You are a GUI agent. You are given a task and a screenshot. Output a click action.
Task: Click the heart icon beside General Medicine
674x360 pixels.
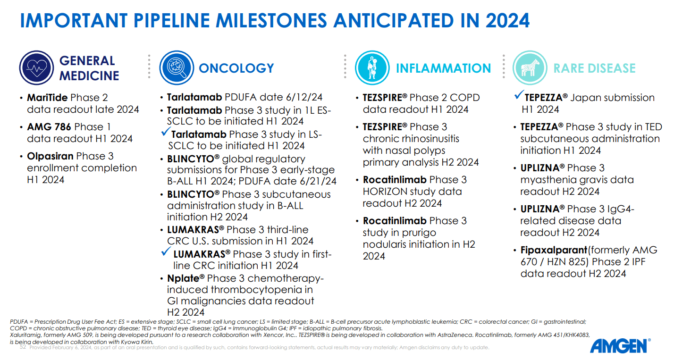tap(36, 67)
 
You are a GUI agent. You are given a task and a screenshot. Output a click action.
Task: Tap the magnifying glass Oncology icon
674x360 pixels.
tap(177, 67)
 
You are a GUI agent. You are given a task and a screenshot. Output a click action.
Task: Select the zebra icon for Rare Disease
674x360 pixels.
tap(530, 67)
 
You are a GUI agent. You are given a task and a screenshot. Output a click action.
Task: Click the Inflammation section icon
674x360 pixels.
tap(372, 67)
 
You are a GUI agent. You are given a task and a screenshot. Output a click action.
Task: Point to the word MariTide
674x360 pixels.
tap(47, 98)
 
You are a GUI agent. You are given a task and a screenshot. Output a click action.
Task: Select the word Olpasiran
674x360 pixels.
tap(50, 156)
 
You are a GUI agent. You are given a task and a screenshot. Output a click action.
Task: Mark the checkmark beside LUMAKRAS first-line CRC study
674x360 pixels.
tap(165, 252)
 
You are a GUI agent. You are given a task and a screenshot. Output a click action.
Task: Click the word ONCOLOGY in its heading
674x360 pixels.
tap(236, 68)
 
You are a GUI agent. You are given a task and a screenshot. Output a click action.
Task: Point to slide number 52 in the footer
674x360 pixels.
tap(22, 347)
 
